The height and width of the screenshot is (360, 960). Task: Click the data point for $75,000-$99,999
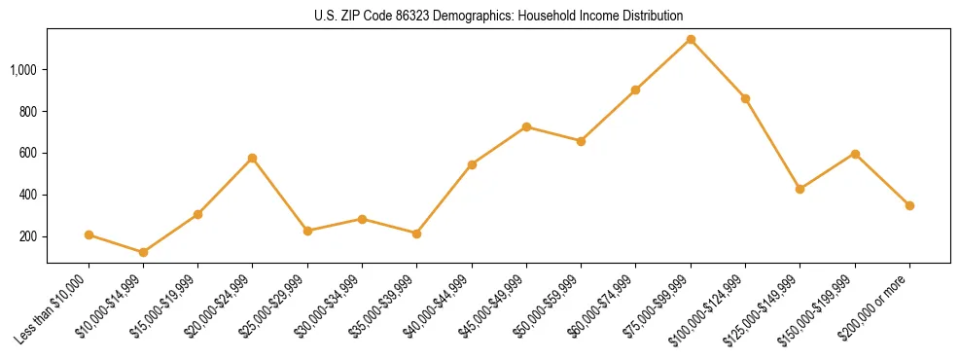(691, 40)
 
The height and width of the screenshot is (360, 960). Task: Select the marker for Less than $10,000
(89, 234)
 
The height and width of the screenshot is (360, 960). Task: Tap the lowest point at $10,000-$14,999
(143, 252)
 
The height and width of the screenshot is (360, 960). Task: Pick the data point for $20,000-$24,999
(253, 158)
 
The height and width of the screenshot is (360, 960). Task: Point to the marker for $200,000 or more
(909, 205)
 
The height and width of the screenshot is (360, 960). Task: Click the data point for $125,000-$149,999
(800, 189)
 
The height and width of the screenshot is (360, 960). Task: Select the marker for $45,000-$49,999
(526, 126)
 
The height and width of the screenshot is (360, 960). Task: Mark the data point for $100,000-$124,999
(745, 98)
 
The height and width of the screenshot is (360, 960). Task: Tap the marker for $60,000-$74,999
(635, 90)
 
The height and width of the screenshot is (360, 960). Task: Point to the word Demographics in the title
(463, 17)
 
